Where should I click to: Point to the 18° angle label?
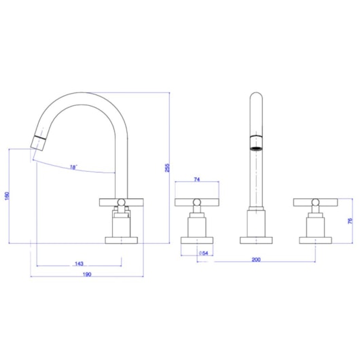(x=73, y=166)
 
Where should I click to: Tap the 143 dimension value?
(x=79, y=263)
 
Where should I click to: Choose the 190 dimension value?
(x=87, y=274)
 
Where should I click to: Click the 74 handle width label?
(x=197, y=180)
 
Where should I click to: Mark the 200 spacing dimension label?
(x=256, y=259)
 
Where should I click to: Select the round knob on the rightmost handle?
(x=316, y=201)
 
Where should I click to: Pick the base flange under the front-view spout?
(x=256, y=239)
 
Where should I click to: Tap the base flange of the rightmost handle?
(x=316, y=239)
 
